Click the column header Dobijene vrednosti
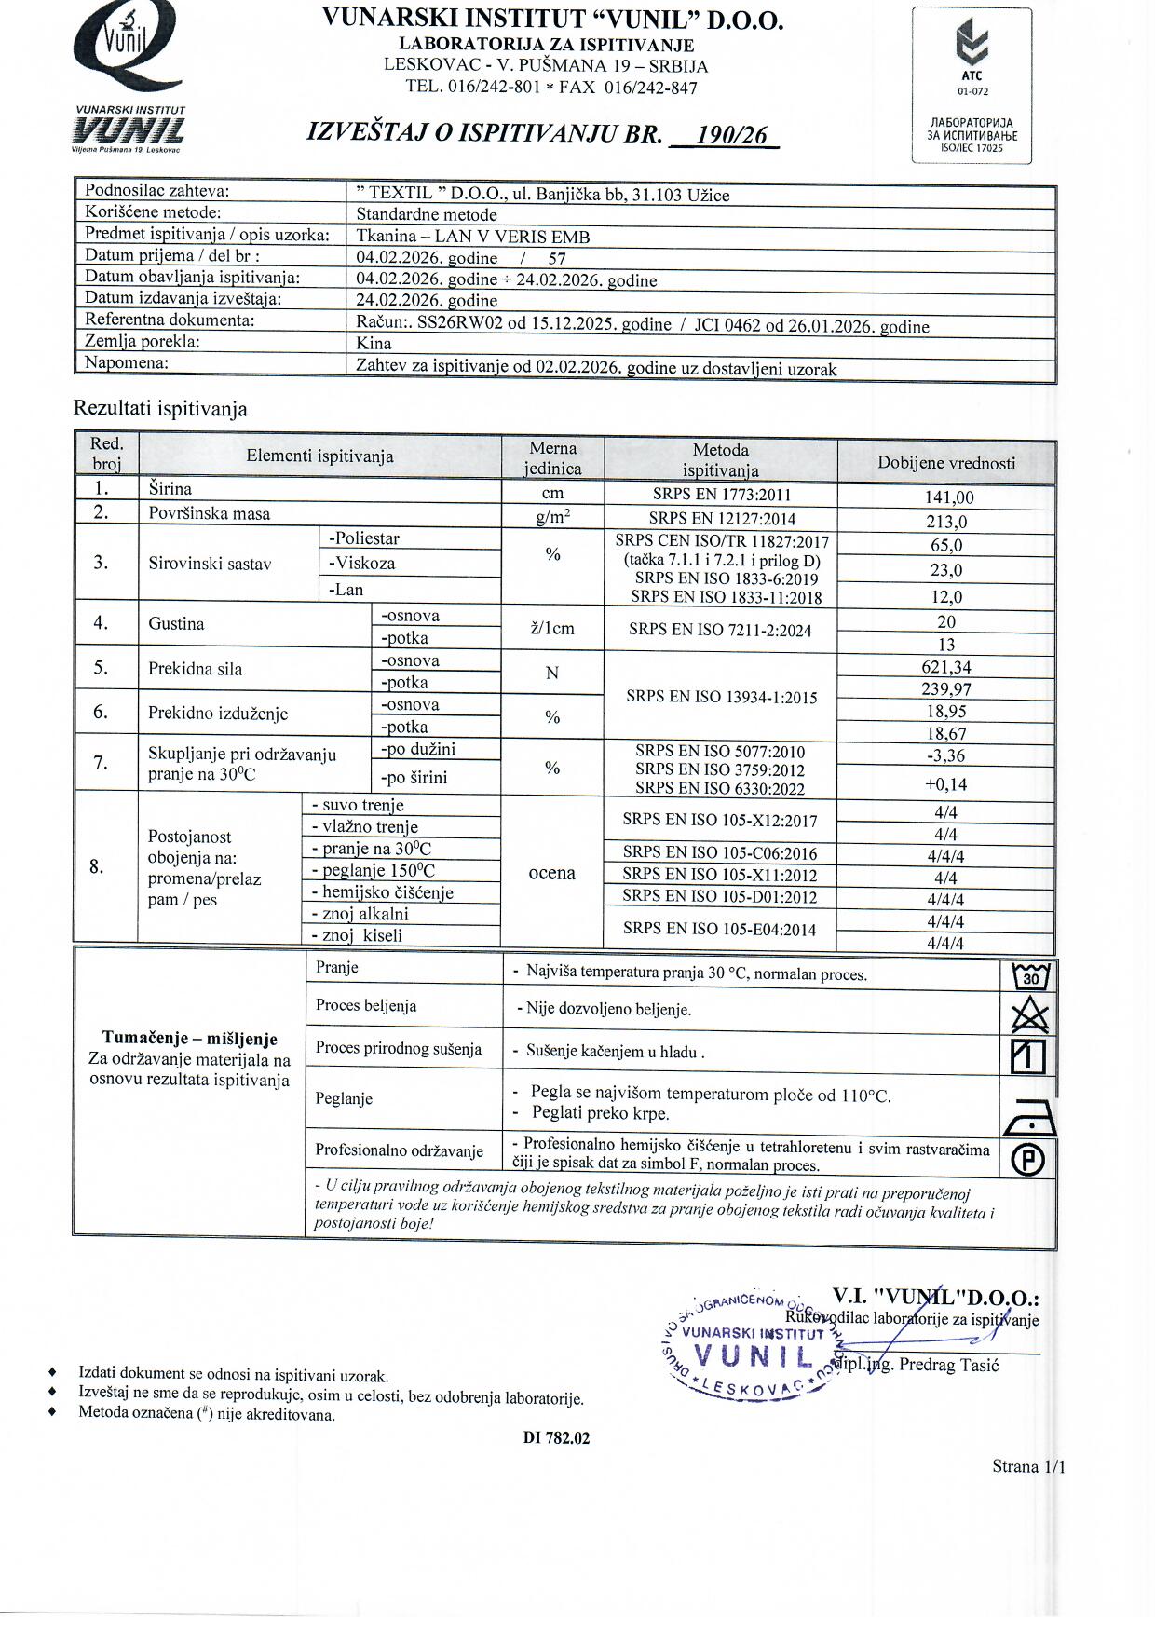pos(945,463)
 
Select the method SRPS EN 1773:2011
pos(720,496)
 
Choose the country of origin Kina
pos(374,343)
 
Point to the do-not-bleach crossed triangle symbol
pos(1029,1014)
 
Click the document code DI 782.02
pos(556,1437)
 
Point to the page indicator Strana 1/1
pos(1027,1466)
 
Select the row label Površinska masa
pos(209,512)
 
